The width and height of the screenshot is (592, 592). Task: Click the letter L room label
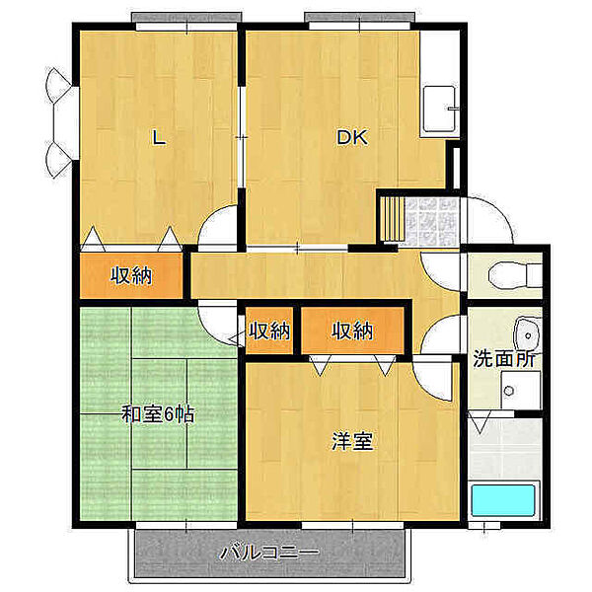pyautogui.click(x=157, y=138)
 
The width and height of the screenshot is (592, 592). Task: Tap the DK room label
pyautogui.click(x=352, y=138)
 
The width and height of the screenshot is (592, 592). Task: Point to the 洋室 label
pyautogui.click(x=351, y=441)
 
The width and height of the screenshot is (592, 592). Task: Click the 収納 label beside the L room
pyautogui.click(x=130, y=276)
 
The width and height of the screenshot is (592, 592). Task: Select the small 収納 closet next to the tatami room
pyautogui.click(x=269, y=333)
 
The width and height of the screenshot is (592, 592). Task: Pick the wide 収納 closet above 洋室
pyautogui.click(x=352, y=333)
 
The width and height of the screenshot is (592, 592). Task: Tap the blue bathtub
pyautogui.click(x=502, y=501)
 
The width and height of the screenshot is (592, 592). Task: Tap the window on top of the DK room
pyautogui.click(x=358, y=19)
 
